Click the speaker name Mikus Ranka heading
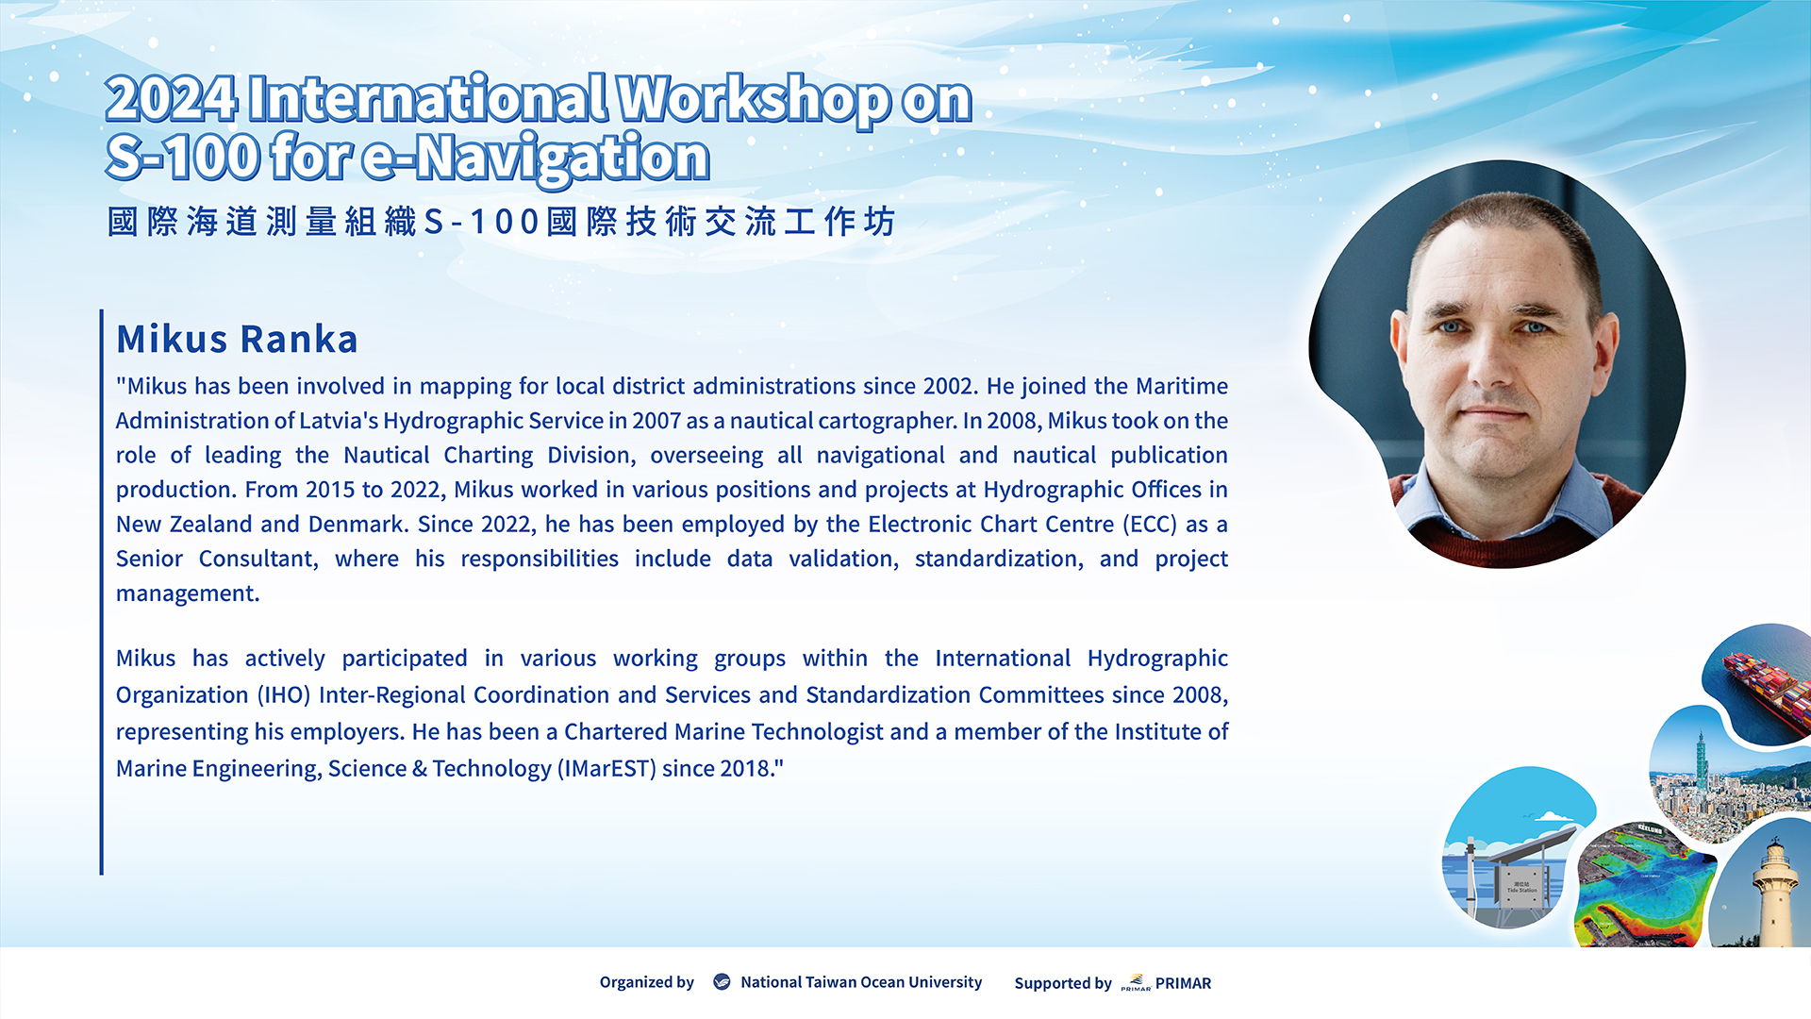pos(237,339)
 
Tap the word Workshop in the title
pos(753,100)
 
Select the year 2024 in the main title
pos(171,100)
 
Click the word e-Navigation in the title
pos(536,158)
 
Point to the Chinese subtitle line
pos(501,222)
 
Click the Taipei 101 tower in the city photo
pos(1703,760)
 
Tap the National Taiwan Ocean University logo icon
pos(722,982)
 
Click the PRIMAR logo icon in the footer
pos(1136,983)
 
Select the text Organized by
pos(646,982)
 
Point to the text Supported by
pos(1063,983)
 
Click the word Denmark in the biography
pos(358,525)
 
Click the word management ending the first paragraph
pos(188,594)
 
